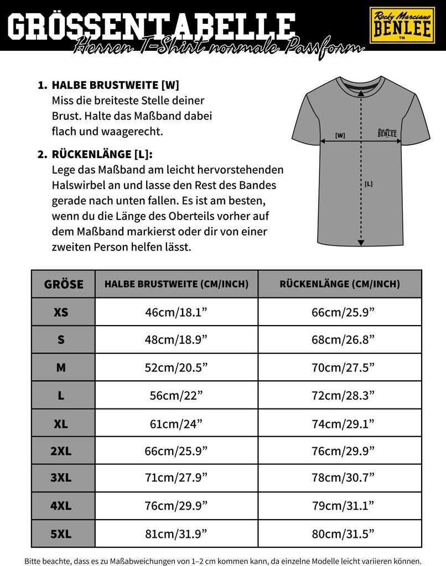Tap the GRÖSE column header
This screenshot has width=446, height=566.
(x=64, y=284)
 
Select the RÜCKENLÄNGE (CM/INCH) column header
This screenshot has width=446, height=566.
(x=340, y=284)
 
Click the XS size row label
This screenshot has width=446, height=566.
(x=61, y=312)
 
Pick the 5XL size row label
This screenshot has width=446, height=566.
(x=61, y=533)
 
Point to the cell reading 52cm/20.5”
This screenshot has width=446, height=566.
(x=176, y=368)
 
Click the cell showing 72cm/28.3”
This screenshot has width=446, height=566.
(x=343, y=395)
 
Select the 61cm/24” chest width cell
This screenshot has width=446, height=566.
(x=176, y=423)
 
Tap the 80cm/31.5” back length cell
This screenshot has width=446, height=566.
(x=343, y=533)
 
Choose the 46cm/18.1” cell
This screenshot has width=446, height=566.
(x=176, y=312)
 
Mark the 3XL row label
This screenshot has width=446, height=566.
(x=61, y=478)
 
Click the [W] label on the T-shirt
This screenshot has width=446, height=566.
(x=340, y=135)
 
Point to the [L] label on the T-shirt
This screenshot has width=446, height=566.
(x=369, y=184)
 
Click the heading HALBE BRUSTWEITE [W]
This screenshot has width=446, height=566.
(x=115, y=86)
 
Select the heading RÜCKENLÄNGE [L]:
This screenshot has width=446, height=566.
(x=103, y=154)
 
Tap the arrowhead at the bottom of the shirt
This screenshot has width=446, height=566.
(x=361, y=242)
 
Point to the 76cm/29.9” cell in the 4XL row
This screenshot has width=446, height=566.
(x=176, y=506)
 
